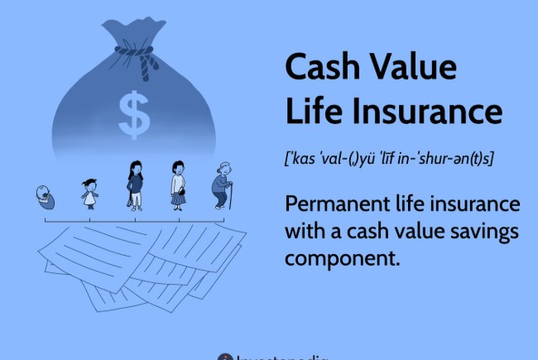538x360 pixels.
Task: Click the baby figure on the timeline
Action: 45,198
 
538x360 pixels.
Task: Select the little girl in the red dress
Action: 89,194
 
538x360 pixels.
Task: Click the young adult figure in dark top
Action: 135,183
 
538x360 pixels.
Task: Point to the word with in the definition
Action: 306,230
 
